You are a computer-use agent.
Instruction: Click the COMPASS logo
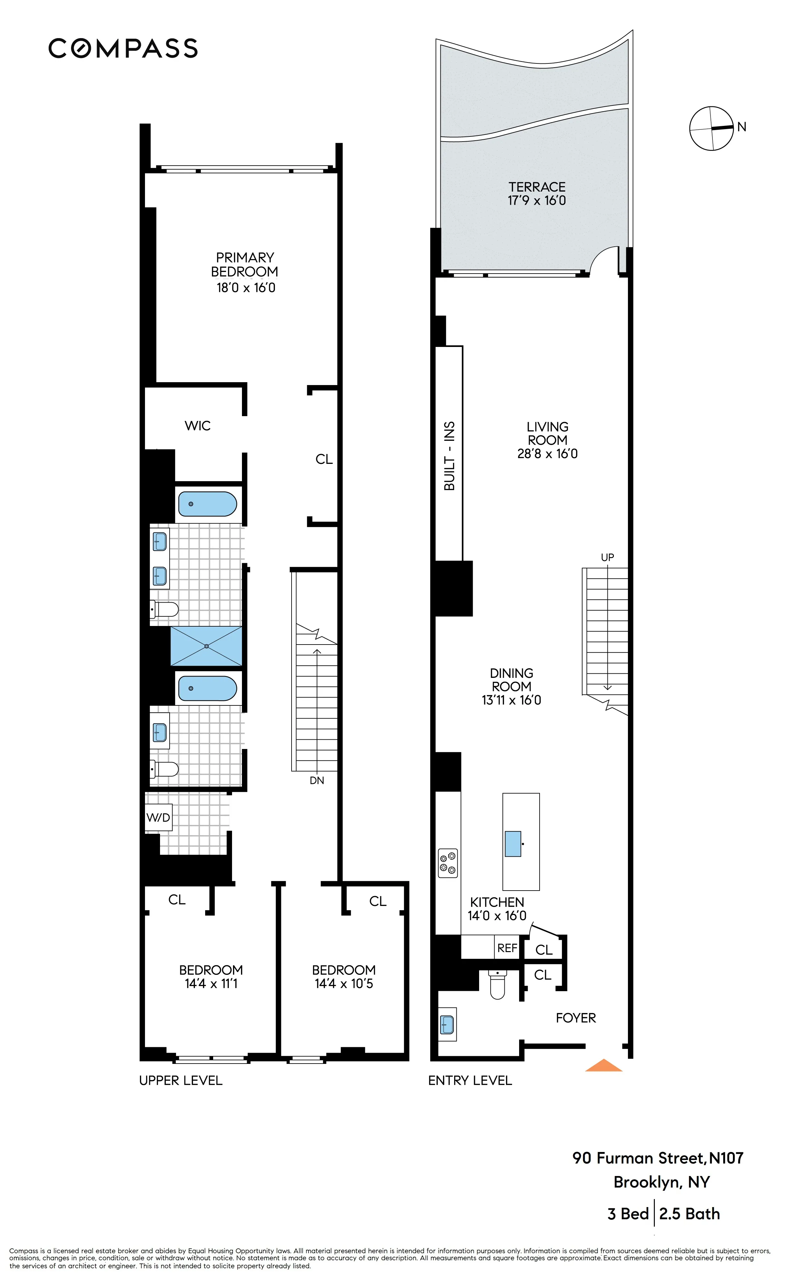123,48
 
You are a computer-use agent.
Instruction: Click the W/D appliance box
158,818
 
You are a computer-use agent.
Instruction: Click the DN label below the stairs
317,780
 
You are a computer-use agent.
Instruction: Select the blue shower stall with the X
207,646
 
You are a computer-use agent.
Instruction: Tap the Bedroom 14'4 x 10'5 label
343,976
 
